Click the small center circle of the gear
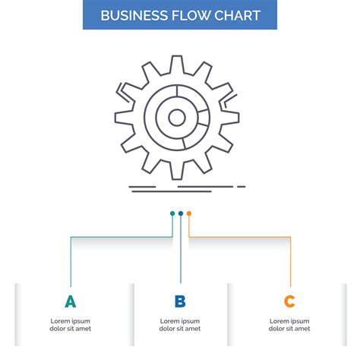click(176, 117)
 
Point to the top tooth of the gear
click(176, 63)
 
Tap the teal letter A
click(71, 302)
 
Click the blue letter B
click(180, 302)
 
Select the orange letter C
click(289, 302)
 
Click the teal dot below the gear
click(172, 213)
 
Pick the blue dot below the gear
click(181, 213)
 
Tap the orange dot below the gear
click(189, 213)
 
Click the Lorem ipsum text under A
click(71, 325)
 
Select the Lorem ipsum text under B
click(180, 325)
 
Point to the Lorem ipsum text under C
click(289, 325)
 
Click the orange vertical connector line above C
click(290, 262)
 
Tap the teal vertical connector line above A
click(71, 262)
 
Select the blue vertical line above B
click(181, 251)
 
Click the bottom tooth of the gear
click(176, 172)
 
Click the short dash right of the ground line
click(242, 186)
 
